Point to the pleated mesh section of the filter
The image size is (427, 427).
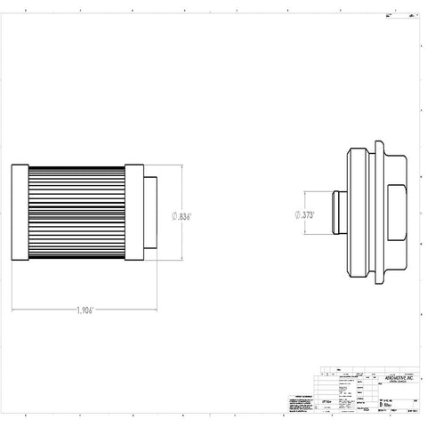coord(77,214)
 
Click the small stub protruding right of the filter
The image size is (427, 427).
coord(150,214)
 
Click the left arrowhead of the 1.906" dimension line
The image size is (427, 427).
coord(14,310)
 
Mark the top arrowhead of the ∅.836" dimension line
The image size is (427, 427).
coord(181,166)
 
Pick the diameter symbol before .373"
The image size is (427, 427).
coord(296,214)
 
